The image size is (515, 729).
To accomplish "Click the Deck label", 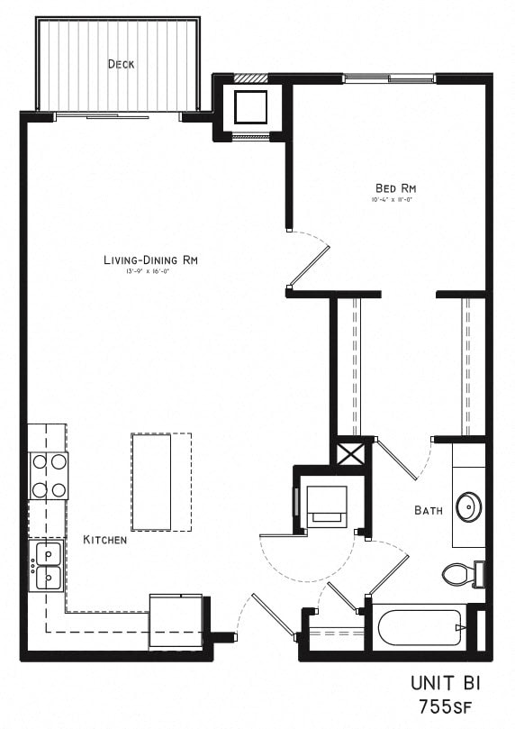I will (122, 63).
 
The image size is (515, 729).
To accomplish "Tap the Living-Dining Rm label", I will (149, 260).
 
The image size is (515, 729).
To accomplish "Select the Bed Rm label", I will (395, 187).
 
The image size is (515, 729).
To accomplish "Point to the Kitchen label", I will (104, 540).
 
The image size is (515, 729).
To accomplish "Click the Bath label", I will (428, 510).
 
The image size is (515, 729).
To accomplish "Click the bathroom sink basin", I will (468, 507).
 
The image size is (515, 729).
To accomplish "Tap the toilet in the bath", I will (460, 574).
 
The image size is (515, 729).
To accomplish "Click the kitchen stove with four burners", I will (49, 476).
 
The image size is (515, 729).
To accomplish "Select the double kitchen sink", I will (49, 565).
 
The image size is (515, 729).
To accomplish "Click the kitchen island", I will (151, 482).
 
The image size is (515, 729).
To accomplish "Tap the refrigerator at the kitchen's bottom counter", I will (176, 621).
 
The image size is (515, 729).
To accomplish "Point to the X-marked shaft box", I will (350, 451).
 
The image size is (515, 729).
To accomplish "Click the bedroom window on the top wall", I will (389, 78).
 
